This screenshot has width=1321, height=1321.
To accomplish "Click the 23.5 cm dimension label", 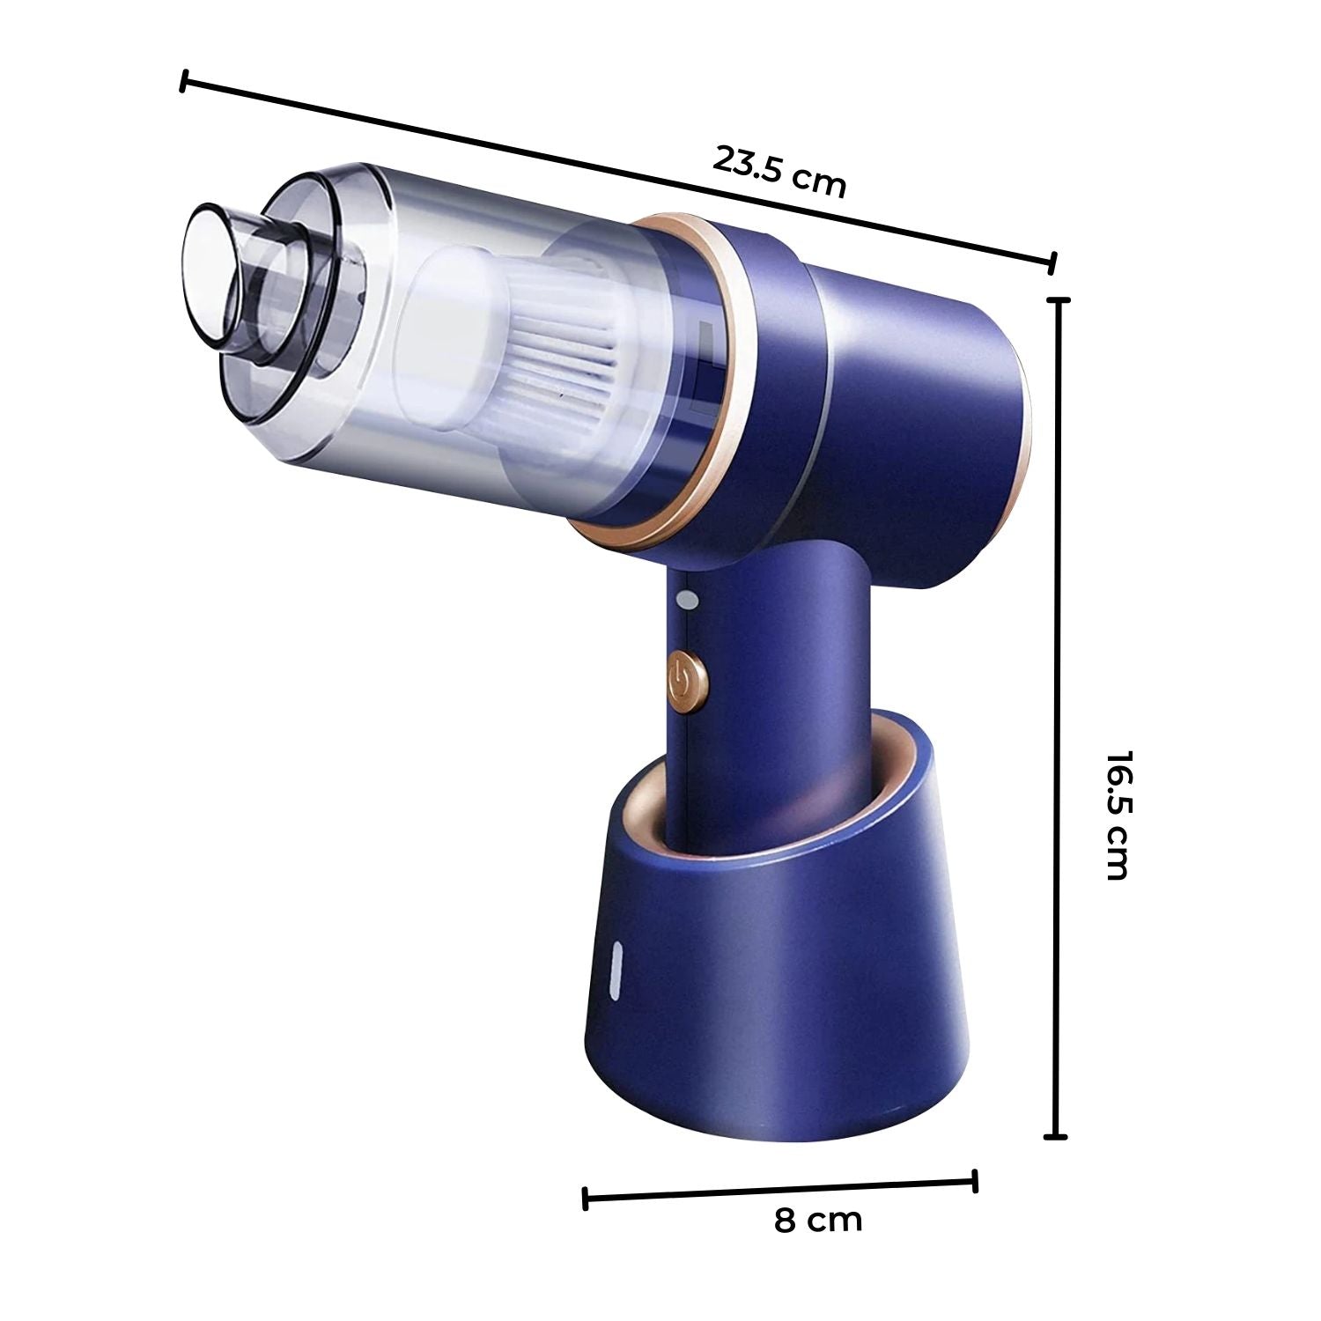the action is (x=779, y=172).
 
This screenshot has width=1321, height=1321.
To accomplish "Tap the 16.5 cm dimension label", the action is (x=1116, y=815).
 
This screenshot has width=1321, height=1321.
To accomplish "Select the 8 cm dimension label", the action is (x=818, y=1220).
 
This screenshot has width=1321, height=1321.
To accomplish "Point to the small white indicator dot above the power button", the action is (x=687, y=600).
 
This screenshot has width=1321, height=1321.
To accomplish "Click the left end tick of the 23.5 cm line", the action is (x=183, y=82).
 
